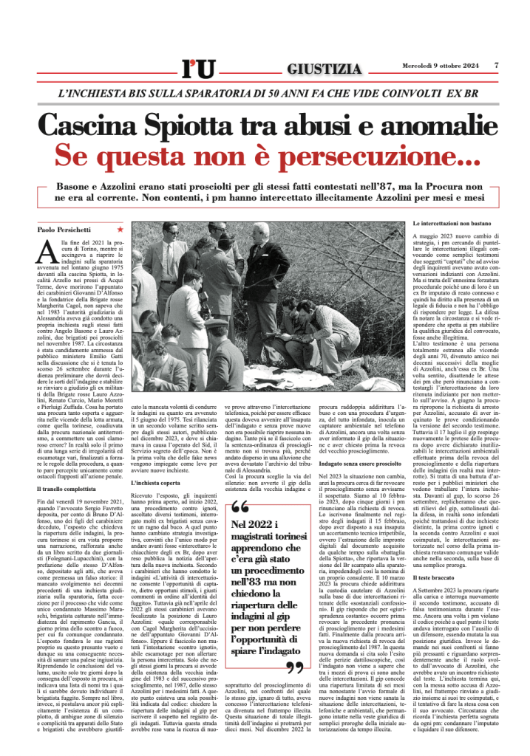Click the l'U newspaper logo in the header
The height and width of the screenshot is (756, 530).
[x=198, y=69]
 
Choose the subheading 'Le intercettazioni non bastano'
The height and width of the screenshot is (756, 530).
[x=450, y=222]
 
